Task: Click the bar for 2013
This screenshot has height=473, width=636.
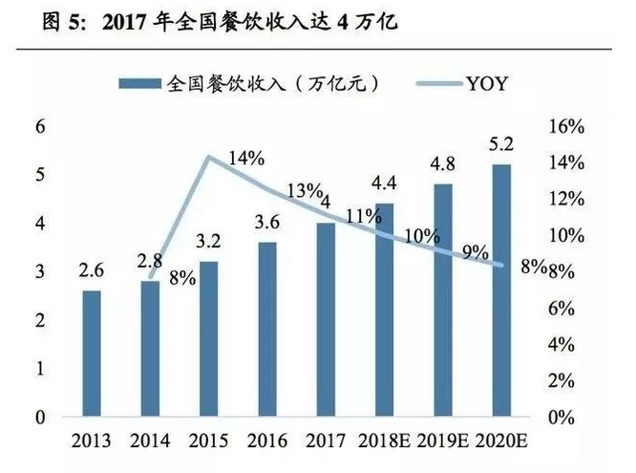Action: coord(92,354)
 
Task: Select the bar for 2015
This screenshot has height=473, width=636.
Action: coord(210,339)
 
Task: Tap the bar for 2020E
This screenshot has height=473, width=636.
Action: coord(500,291)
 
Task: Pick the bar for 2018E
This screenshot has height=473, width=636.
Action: coord(384,311)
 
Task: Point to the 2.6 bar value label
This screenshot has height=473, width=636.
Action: coord(92,272)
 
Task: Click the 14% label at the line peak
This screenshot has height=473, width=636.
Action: coord(246,159)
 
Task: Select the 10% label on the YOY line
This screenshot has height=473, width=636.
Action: coord(422,235)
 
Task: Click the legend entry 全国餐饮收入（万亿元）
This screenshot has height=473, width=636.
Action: coord(253,84)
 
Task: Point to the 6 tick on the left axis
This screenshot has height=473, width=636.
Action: coord(39,127)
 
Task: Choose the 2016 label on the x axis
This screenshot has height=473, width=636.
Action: coord(267,441)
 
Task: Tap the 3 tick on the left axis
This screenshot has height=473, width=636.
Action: coord(39,272)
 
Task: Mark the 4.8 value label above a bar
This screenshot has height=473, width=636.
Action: coord(443,164)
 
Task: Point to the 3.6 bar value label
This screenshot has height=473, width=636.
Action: coord(267,224)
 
